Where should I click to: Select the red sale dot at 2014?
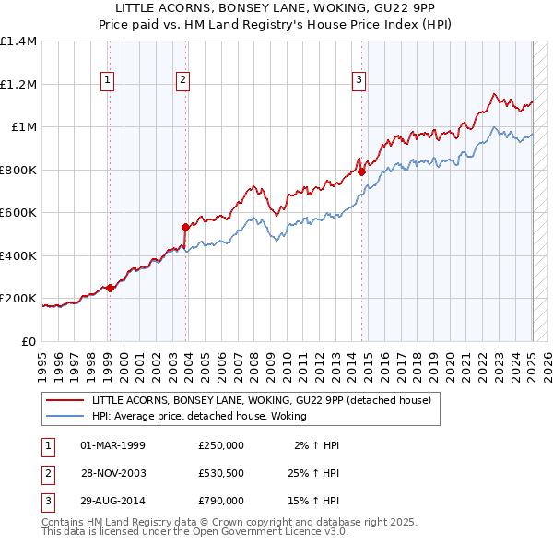362,171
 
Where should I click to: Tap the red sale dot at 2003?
185,227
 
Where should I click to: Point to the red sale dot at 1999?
111,288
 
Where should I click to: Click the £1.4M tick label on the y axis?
18,41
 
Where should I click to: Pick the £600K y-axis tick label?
18,213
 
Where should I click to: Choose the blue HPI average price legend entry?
198,416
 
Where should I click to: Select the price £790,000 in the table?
221,502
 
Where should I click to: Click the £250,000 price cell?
221,444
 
